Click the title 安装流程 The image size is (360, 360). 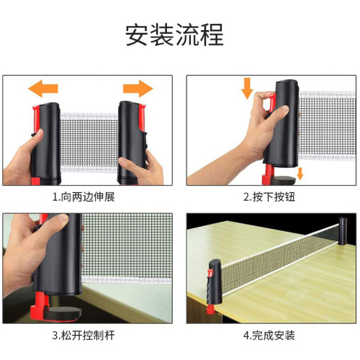(x=179, y=34)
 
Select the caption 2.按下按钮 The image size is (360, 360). (x=269, y=197)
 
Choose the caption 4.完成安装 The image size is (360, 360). (x=269, y=335)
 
